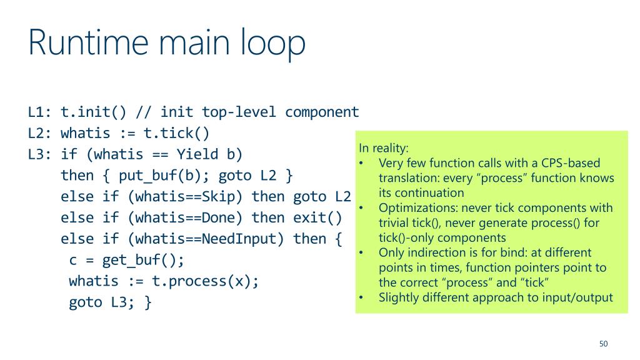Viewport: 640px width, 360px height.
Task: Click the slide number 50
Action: [603, 344]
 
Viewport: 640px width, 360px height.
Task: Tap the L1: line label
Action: [39, 112]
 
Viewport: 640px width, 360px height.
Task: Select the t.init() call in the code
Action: [94, 112]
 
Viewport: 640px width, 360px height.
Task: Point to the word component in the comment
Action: [322, 112]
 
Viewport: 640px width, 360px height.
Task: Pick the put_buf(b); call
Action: [169, 176]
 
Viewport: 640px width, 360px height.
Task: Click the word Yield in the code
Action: [197, 154]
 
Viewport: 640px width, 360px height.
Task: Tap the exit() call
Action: [318, 218]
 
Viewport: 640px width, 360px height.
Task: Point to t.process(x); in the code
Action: [206, 281]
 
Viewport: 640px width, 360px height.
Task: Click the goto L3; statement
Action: [110, 302]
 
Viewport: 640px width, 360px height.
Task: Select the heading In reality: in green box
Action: [383, 148]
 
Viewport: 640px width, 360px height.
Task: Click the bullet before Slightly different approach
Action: [362, 297]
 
